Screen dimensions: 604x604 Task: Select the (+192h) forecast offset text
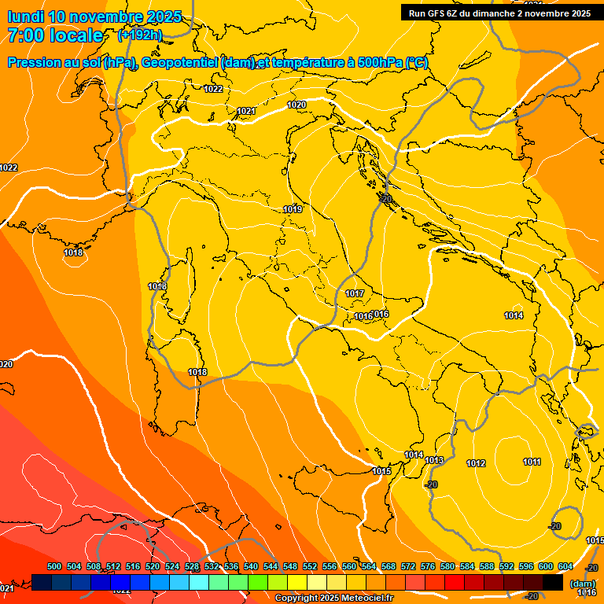click(x=140, y=35)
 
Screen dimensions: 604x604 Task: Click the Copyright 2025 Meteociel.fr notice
click(x=333, y=598)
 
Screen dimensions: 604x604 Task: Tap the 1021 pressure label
click(x=246, y=111)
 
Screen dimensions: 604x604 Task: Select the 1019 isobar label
click(x=293, y=209)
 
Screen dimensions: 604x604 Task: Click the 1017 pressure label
click(x=355, y=293)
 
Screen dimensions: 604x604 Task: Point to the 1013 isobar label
click(x=434, y=460)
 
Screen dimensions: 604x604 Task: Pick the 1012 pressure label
click(x=476, y=463)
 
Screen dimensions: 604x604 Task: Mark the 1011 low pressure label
click(x=532, y=462)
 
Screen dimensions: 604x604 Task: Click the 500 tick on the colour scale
click(x=54, y=566)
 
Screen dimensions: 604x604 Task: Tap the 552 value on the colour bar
click(x=310, y=566)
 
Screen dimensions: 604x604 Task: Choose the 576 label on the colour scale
click(x=428, y=566)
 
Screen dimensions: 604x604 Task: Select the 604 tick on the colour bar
click(x=565, y=566)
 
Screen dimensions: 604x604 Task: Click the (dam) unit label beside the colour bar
click(x=583, y=583)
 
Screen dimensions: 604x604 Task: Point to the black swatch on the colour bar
click(x=553, y=582)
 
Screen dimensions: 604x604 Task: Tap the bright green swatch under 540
click(x=257, y=582)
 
